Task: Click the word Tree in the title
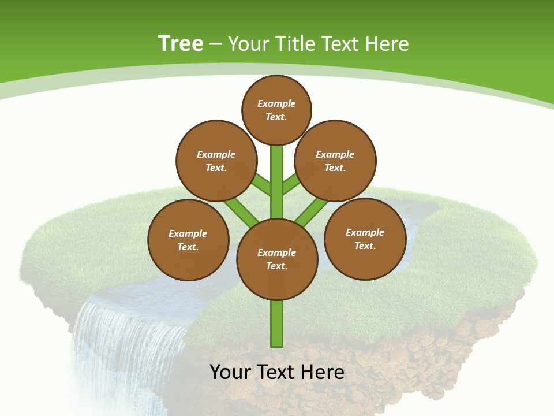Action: coord(181,44)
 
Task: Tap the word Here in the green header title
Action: coord(385,44)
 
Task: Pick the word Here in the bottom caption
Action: coord(324,372)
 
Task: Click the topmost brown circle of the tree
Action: coord(276,110)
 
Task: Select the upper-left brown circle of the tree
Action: coord(216,161)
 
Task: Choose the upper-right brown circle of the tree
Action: coord(335,161)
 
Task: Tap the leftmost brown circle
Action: coord(188,240)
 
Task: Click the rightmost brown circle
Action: coord(365,239)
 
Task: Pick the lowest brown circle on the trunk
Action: coord(277,259)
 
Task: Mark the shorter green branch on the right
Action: coord(291,184)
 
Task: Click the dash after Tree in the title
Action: coord(215,44)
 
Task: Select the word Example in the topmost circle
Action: coord(276,103)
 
